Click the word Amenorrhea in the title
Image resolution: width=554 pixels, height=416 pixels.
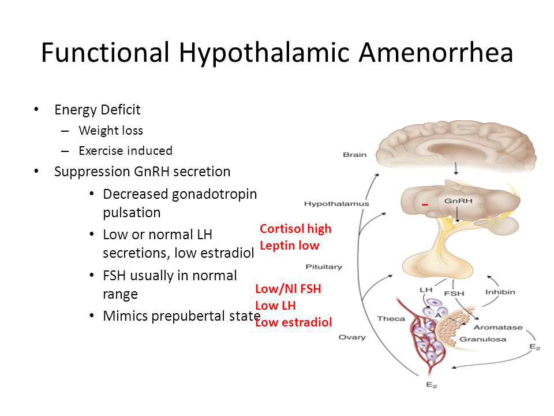coord(436,53)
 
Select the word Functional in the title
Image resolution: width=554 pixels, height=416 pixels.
coord(105,53)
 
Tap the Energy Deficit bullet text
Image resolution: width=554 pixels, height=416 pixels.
coord(97,110)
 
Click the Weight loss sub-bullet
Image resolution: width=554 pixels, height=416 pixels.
coord(111,131)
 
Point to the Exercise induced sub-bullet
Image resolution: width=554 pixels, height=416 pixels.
coord(125,151)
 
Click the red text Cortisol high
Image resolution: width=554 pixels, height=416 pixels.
coord(295,229)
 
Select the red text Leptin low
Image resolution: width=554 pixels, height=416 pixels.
coord(289,246)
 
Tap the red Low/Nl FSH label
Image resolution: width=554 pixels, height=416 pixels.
coord(288,289)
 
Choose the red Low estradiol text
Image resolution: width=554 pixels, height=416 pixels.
coord(294,322)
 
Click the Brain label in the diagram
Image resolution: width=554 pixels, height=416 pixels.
coord(355,155)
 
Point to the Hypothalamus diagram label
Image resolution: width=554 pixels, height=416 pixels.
coord(336,204)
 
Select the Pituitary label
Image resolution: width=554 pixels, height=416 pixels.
coord(324,267)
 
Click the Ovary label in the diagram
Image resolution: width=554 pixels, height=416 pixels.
coord(352,337)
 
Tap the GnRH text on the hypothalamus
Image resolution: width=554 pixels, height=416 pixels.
coord(458,201)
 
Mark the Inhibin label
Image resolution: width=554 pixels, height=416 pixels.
coord(500,292)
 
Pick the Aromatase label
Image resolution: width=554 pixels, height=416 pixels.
coord(498,328)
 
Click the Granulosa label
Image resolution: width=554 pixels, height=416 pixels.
coord(482,339)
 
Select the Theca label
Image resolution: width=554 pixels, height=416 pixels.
coord(391,319)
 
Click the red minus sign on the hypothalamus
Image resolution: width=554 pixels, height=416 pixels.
coord(425,205)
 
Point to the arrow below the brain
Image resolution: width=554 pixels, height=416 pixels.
coord(456,168)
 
